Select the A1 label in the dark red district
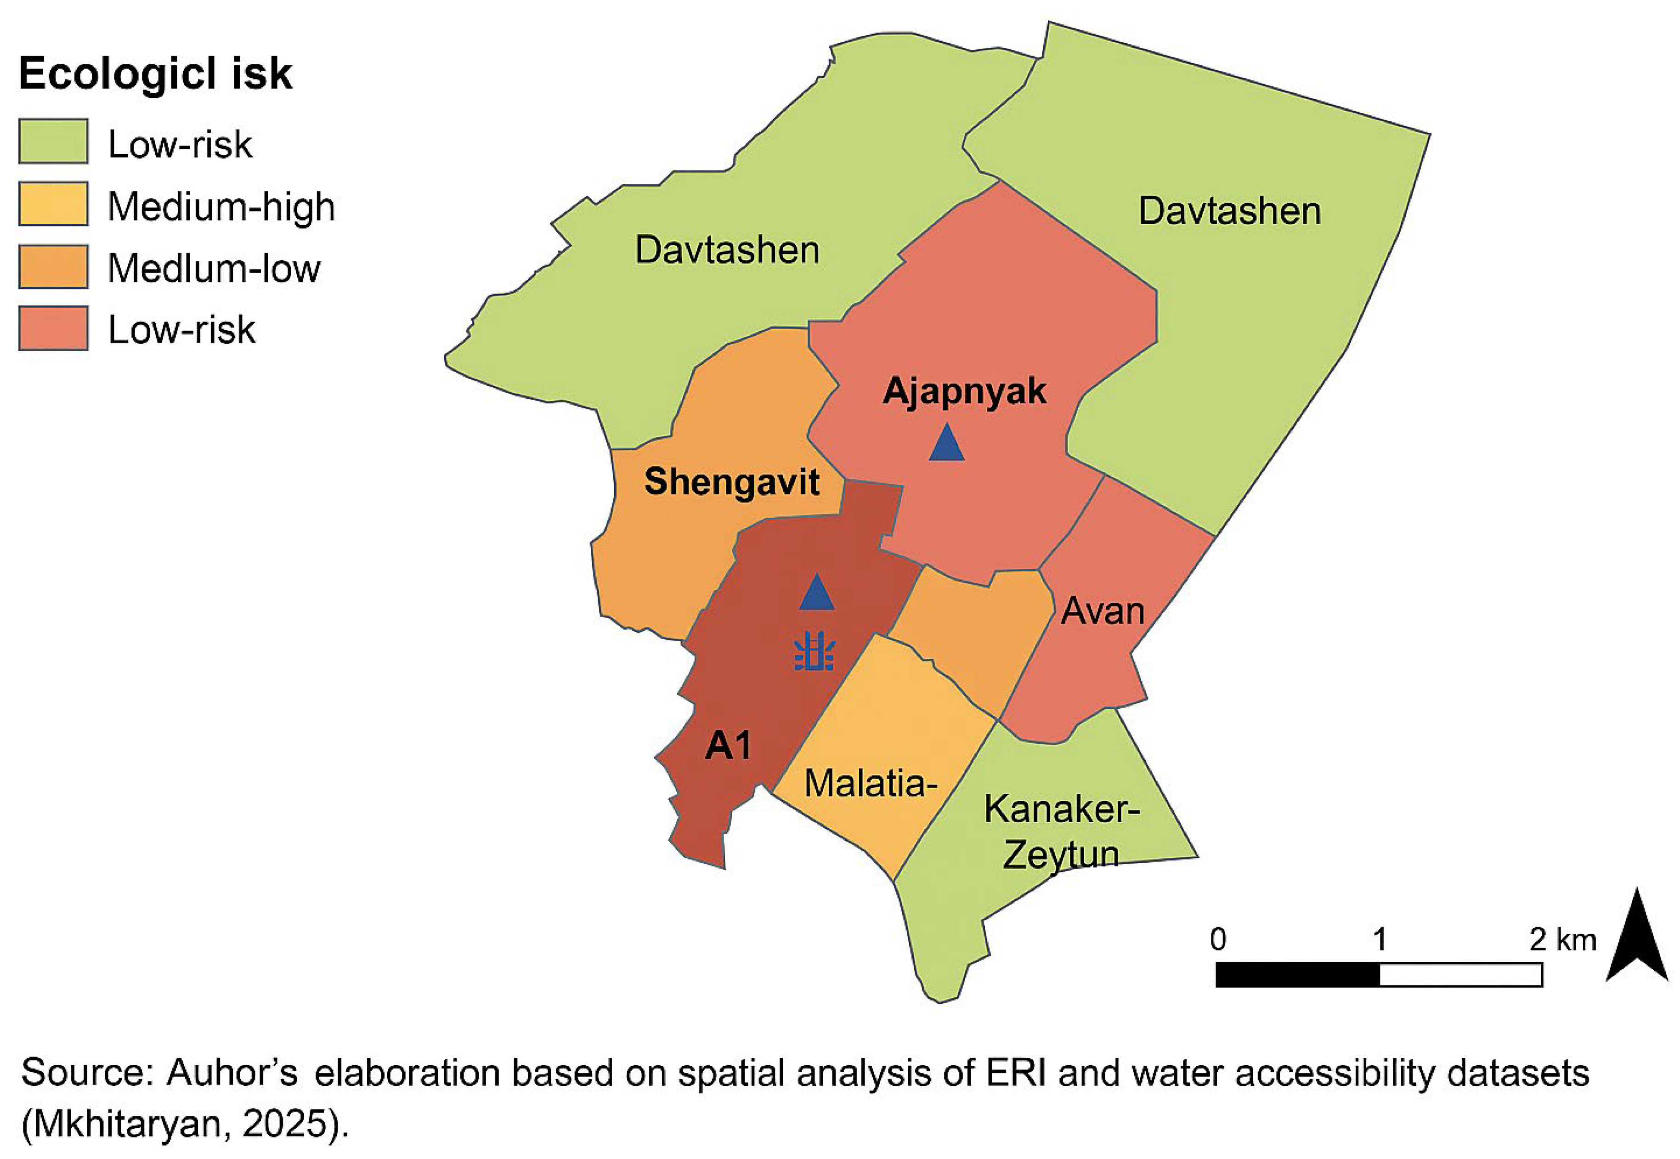(x=728, y=745)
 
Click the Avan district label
(x=1102, y=611)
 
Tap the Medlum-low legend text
(x=214, y=269)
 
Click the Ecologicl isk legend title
(x=155, y=74)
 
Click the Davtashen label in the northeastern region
(x=1229, y=211)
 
